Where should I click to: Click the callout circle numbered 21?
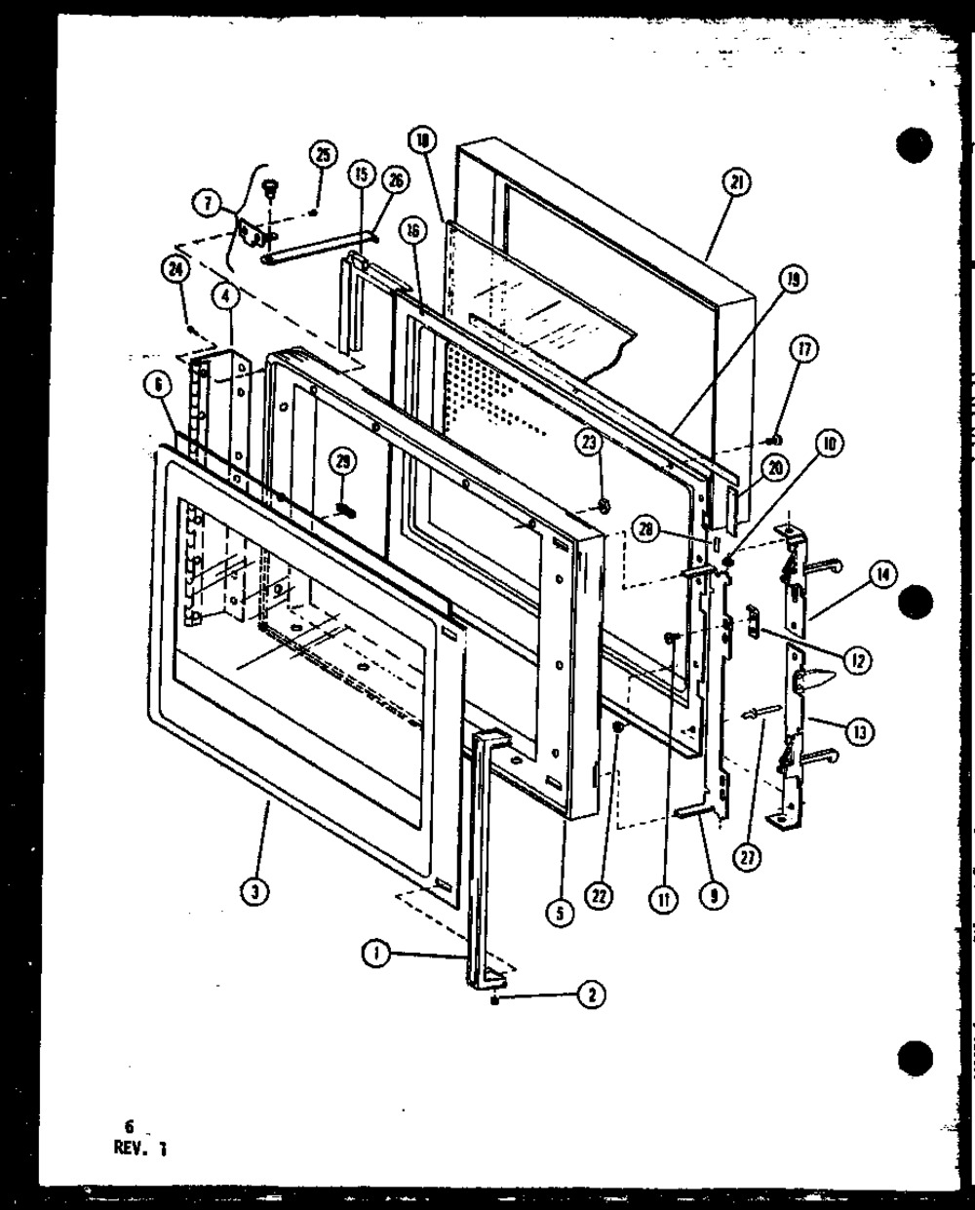736,181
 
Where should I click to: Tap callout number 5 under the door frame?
557,913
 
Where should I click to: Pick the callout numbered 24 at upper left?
176,274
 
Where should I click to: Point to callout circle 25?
323,153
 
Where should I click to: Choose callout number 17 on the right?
806,349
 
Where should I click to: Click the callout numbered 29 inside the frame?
340,460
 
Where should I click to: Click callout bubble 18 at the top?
421,141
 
